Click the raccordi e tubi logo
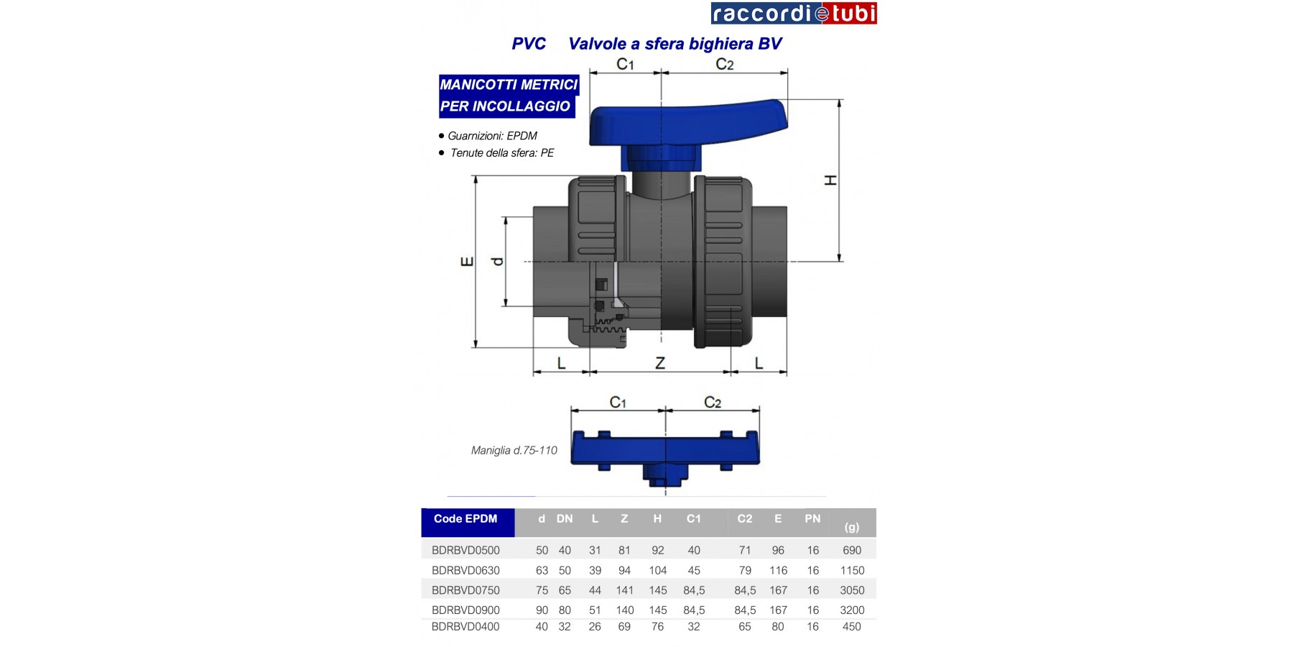pyautogui.click(x=794, y=13)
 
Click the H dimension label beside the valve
pyautogui.click(x=830, y=180)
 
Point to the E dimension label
pyautogui.click(x=467, y=261)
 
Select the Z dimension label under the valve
pyautogui.click(x=660, y=364)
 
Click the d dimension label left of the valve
pyautogui.click(x=496, y=261)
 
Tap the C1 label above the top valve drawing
pyautogui.click(x=626, y=64)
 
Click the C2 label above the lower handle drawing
pyautogui.click(x=713, y=403)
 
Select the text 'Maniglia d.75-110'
pyautogui.click(x=514, y=450)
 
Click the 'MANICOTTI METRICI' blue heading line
pyautogui.click(x=509, y=85)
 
